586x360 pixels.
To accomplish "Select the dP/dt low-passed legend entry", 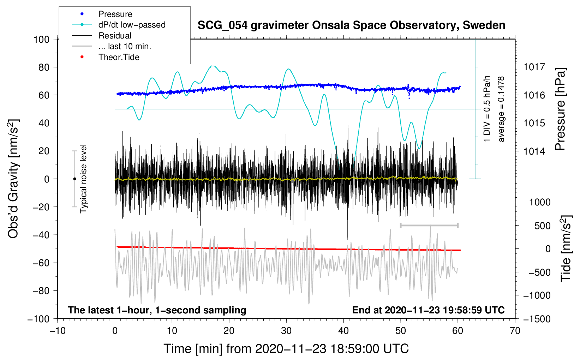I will (132, 25).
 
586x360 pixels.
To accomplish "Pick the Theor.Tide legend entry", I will (119, 57).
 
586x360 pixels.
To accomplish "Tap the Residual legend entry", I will (115, 36).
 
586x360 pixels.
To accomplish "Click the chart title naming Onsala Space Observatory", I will (351, 25).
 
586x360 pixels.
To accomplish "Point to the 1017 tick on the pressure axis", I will (534, 67).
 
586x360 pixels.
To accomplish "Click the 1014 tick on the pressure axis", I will (534, 151).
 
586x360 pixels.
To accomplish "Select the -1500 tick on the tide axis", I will (537, 319).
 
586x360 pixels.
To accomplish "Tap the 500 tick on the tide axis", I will (542, 226).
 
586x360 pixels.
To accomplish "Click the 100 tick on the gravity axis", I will (41, 39).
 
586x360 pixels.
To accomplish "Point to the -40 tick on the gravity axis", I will (41, 235).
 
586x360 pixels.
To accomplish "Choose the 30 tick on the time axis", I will (286, 331).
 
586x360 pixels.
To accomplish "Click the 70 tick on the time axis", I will (515, 331).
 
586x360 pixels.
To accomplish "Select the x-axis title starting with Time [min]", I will (286, 349).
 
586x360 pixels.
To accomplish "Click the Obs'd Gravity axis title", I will (13, 179).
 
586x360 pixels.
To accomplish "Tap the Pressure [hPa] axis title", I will (560, 109).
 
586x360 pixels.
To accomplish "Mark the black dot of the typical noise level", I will (74, 179).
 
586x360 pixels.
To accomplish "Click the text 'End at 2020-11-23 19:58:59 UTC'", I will (428, 310).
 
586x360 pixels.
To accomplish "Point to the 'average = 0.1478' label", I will (501, 109).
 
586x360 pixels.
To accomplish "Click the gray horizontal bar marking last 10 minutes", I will (429, 225).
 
